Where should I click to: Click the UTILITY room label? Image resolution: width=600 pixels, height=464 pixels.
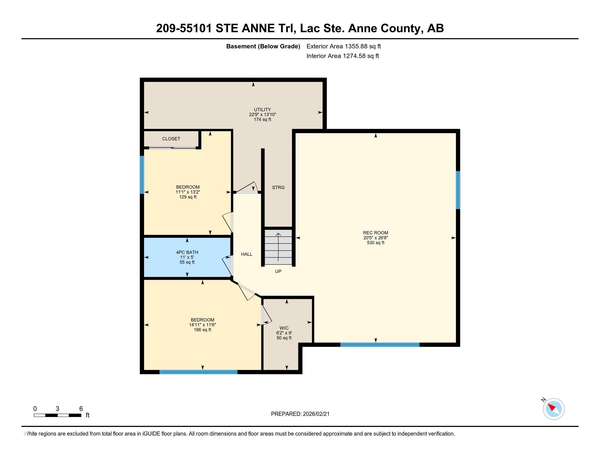pos(262,109)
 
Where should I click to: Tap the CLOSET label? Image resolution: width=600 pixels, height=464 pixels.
pos(171,139)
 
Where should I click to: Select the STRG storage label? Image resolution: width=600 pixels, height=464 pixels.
pos(278,188)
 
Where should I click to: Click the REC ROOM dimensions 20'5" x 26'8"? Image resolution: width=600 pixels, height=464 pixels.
pos(375,238)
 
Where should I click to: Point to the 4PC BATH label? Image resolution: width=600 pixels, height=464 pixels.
pos(187,252)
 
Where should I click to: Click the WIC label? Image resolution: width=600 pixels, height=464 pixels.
pos(284,328)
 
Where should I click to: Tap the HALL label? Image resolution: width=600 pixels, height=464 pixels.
pos(247,254)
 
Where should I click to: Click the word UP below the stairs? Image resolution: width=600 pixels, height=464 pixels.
pos(278,271)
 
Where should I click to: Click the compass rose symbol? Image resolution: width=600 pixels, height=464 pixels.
pos(553,409)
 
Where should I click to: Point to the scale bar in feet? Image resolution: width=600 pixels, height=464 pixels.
pos(58,415)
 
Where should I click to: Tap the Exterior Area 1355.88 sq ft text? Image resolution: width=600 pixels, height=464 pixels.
pos(343,46)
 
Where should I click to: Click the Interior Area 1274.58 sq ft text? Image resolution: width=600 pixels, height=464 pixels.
pos(343,56)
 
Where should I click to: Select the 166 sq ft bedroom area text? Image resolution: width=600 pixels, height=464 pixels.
pos(202,330)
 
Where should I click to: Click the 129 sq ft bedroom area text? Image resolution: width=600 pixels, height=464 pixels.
pos(188,197)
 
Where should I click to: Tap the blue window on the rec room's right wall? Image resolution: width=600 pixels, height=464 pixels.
pos(458,190)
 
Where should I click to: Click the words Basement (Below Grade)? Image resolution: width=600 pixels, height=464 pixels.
pos(263,46)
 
